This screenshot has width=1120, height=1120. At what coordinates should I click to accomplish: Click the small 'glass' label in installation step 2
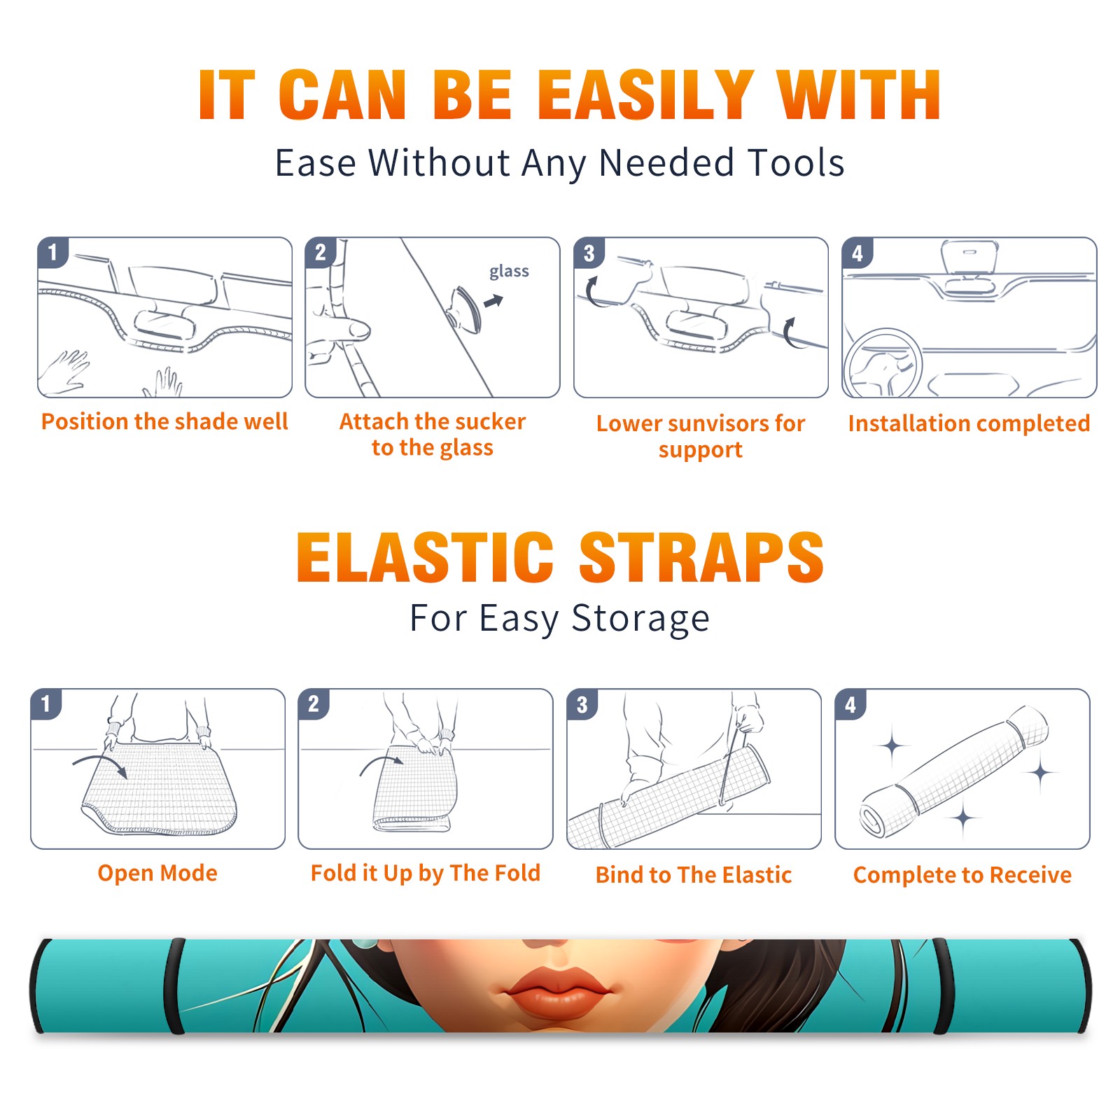509,272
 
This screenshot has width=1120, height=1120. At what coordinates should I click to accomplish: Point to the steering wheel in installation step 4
883,364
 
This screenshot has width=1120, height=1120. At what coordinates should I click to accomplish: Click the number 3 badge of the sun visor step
589,253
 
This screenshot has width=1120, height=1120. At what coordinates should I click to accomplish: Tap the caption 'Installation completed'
969,423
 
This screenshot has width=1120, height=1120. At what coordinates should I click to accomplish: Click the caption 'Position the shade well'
164,421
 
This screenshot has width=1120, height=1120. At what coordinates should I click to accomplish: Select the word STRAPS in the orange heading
701,557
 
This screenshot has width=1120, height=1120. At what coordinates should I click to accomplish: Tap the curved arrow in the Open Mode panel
100,764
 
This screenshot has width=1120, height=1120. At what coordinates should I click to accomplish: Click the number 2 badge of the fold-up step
314,703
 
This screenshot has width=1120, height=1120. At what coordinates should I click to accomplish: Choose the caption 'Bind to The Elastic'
693,875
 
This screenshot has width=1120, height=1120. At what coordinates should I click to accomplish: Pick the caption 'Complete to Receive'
962,875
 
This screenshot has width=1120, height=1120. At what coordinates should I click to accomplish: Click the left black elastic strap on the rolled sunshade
174,986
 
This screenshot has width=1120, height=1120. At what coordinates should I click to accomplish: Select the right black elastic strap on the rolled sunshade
942,986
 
